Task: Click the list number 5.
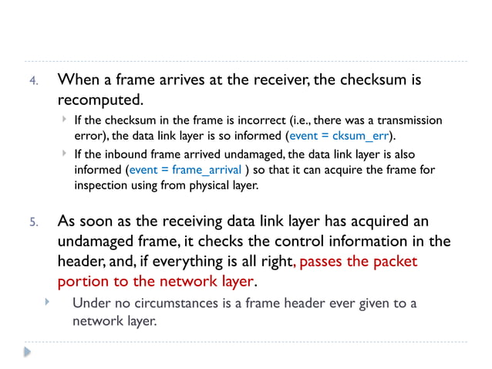click(x=34, y=223)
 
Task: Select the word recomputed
click(x=99, y=100)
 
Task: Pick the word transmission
click(x=409, y=120)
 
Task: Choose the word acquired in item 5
click(x=372, y=221)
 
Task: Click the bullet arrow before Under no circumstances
click(x=47, y=301)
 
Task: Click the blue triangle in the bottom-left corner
click(x=28, y=352)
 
